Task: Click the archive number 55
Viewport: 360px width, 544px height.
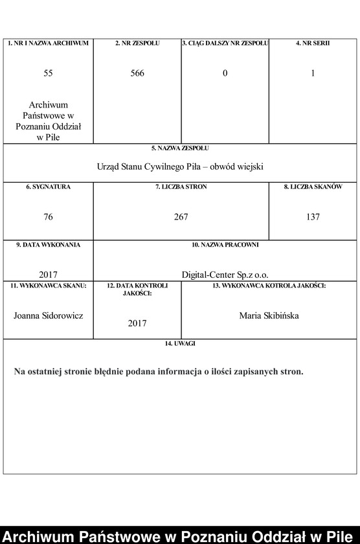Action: [x=48, y=73]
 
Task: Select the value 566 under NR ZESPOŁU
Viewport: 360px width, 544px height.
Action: [x=137, y=73]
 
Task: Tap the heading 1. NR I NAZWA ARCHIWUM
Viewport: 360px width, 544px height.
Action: [x=48, y=43]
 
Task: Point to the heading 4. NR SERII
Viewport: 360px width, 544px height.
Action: [x=313, y=43]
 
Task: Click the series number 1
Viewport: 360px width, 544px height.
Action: [x=313, y=73]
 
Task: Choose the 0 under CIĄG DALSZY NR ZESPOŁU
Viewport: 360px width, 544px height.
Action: [x=225, y=73]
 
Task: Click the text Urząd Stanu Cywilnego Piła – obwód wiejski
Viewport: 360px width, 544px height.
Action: [x=180, y=166]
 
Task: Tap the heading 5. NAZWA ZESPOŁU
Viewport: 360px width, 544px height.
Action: [x=180, y=148]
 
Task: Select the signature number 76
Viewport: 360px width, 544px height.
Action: [x=48, y=217]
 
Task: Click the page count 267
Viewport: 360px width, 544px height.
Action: [x=181, y=217]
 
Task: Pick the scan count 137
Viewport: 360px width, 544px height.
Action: [x=313, y=217]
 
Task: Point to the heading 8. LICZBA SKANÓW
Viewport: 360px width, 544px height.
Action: [x=313, y=187]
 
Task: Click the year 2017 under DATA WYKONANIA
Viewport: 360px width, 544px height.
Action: [x=48, y=274]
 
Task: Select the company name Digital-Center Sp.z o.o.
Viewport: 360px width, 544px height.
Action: [x=225, y=274]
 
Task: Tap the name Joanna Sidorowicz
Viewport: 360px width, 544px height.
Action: [x=48, y=315]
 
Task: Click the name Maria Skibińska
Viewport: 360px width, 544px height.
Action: [x=269, y=315]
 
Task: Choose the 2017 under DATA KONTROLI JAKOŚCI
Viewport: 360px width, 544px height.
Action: [x=137, y=323]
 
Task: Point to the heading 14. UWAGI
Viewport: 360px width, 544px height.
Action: [x=180, y=344]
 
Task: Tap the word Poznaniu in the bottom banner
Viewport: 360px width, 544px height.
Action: [x=218, y=535]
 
